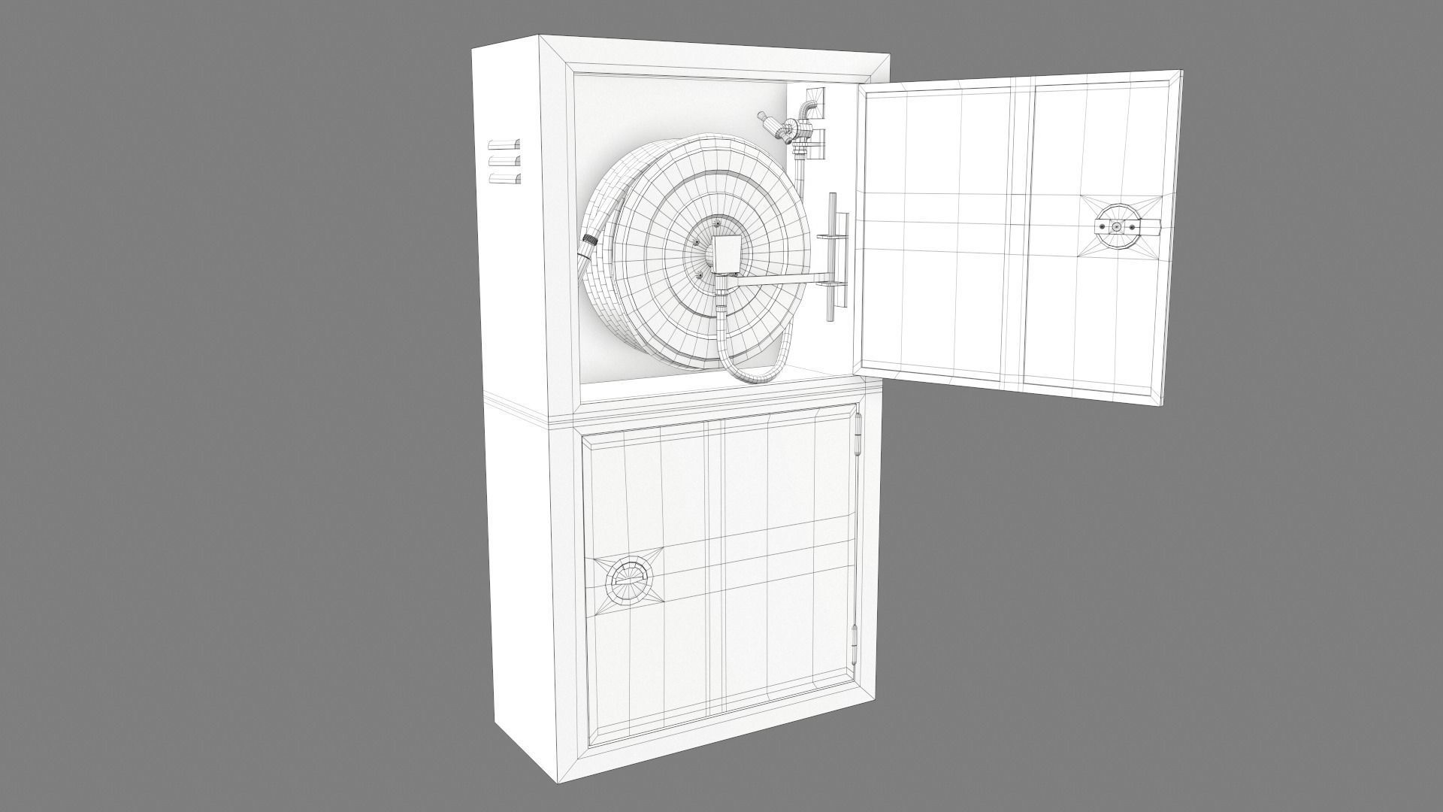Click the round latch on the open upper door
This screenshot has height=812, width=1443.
tap(1117, 227)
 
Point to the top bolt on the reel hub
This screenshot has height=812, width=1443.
tap(717, 223)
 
